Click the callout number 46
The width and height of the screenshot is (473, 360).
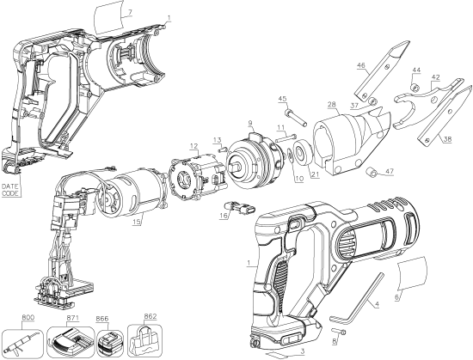tap(361, 65)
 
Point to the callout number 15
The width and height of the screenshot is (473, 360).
tap(137, 225)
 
